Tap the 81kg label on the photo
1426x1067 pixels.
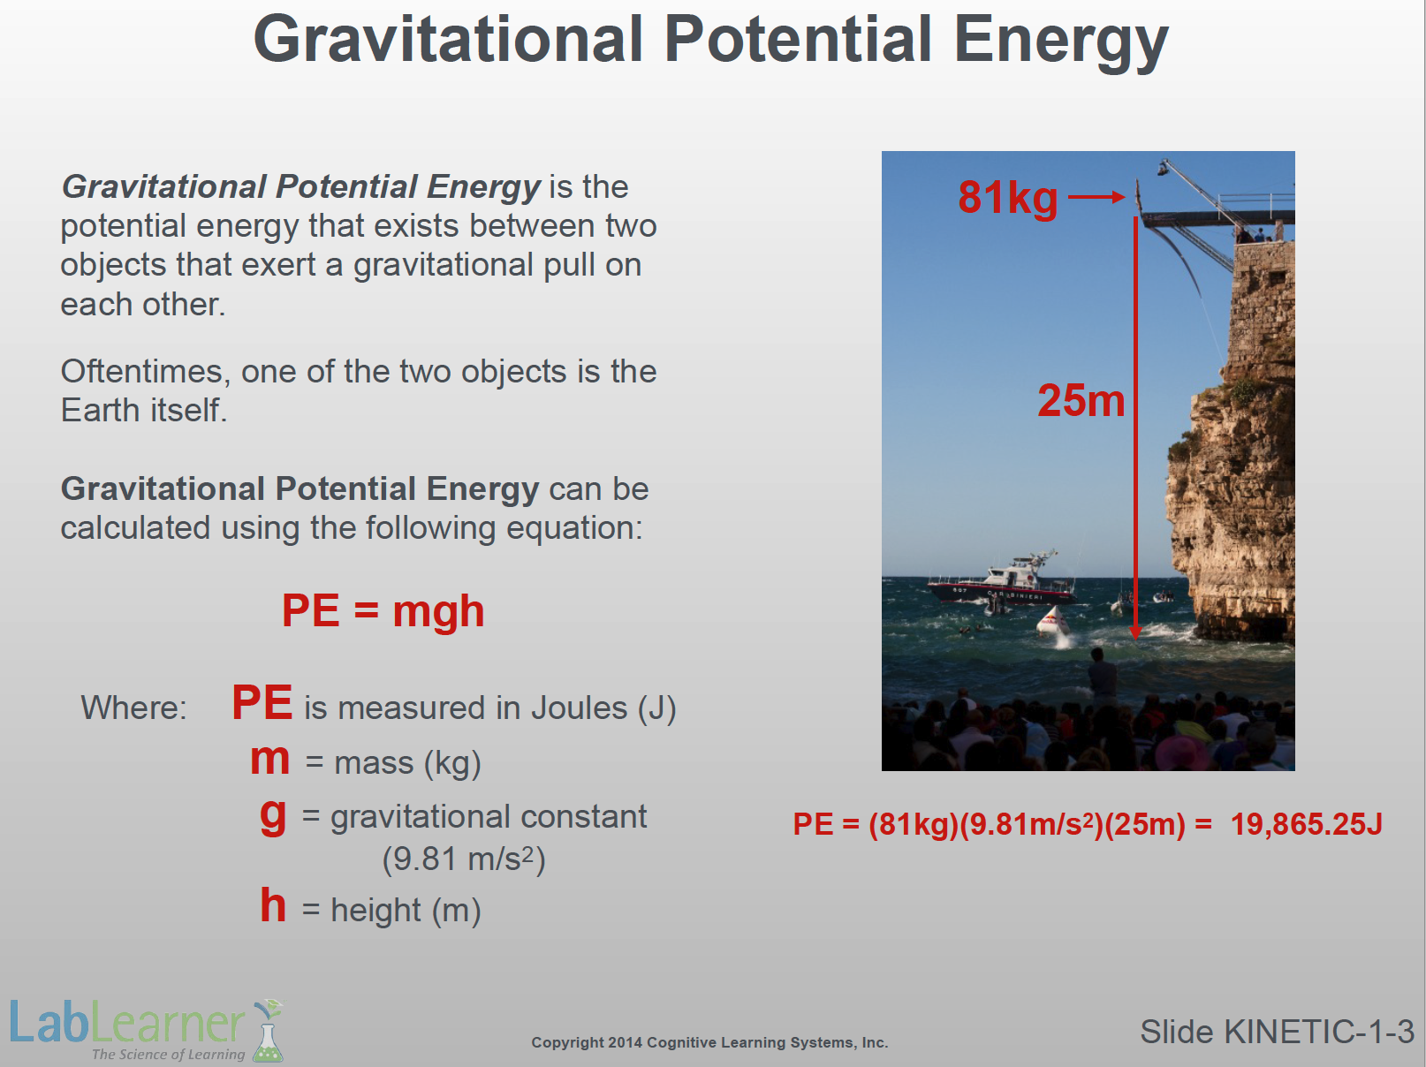click(x=1007, y=198)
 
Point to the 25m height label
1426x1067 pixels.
click(x=1081, y=400)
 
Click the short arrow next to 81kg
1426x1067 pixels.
click(x=1096, y=197)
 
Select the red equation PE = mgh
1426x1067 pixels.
click(x=383, y=612)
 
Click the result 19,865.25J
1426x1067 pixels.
click(x=1307, y=824)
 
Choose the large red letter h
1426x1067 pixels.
click(x=273, y=904)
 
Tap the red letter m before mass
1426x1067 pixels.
click(x=269, y=760)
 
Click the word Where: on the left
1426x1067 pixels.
click(x=133, y=708)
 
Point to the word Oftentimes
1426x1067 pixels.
click(x=146, y=372)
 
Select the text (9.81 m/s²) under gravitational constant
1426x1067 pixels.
click(x=464, y=859)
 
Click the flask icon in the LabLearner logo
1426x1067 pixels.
click(x=269, y=1031)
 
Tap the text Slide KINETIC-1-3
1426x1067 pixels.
click(x=1277, y=1032)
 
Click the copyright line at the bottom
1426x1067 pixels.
click(x=709, y=1042)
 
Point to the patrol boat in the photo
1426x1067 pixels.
click(x=1000, y=581)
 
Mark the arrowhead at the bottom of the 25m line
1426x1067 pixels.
click(x=1135, y=632)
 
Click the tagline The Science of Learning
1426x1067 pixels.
click(x=168, y=1054)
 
